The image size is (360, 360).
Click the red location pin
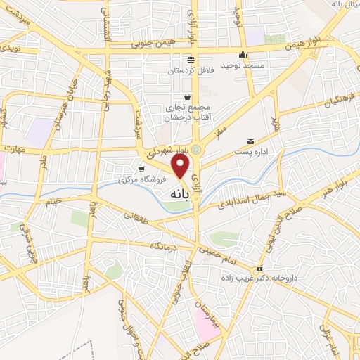pyautogui.click(x=181, y=166)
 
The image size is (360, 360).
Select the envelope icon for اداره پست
pyautogui.click(x=251, y=142)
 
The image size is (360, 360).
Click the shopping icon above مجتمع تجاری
pyautogui.click(x=187, y=96)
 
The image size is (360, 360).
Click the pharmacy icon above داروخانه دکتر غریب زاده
pyautogui.click(x=260, y=268)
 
